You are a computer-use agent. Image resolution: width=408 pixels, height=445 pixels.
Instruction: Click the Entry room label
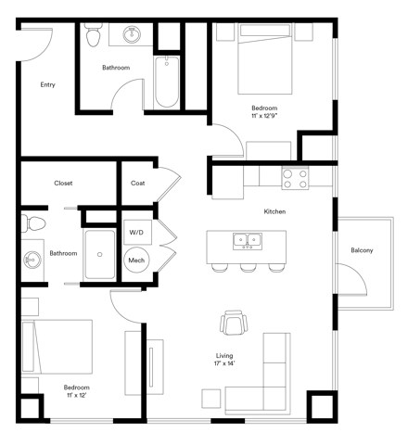(x=47, y=84)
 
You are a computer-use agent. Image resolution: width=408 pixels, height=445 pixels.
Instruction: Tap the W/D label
(x=136, y=232)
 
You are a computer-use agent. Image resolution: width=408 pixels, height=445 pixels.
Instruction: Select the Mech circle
(x=136, y=261)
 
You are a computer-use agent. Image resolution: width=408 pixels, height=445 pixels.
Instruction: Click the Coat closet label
(x=137, y=184)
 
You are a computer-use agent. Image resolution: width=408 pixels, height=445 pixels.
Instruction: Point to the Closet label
(x=63, y=184)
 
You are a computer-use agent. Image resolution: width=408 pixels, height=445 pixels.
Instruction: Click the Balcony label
(x=362, y=250)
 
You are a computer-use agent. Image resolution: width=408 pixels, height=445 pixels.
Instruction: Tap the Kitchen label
(x=274, y=212)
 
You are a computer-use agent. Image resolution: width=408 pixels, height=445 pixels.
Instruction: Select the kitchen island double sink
(x=247, y=240)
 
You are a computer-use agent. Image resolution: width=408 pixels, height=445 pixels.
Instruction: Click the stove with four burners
(x=295, y=177)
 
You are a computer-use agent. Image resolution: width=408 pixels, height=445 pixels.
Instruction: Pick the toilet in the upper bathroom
(x=91, y=37)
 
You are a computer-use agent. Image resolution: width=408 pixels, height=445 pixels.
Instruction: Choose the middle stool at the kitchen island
(x=247, y=267)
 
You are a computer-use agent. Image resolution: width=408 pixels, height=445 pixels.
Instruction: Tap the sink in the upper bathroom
(x=131, y=36)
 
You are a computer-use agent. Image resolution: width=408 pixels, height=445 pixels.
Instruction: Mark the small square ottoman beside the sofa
(x=211, y=398)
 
